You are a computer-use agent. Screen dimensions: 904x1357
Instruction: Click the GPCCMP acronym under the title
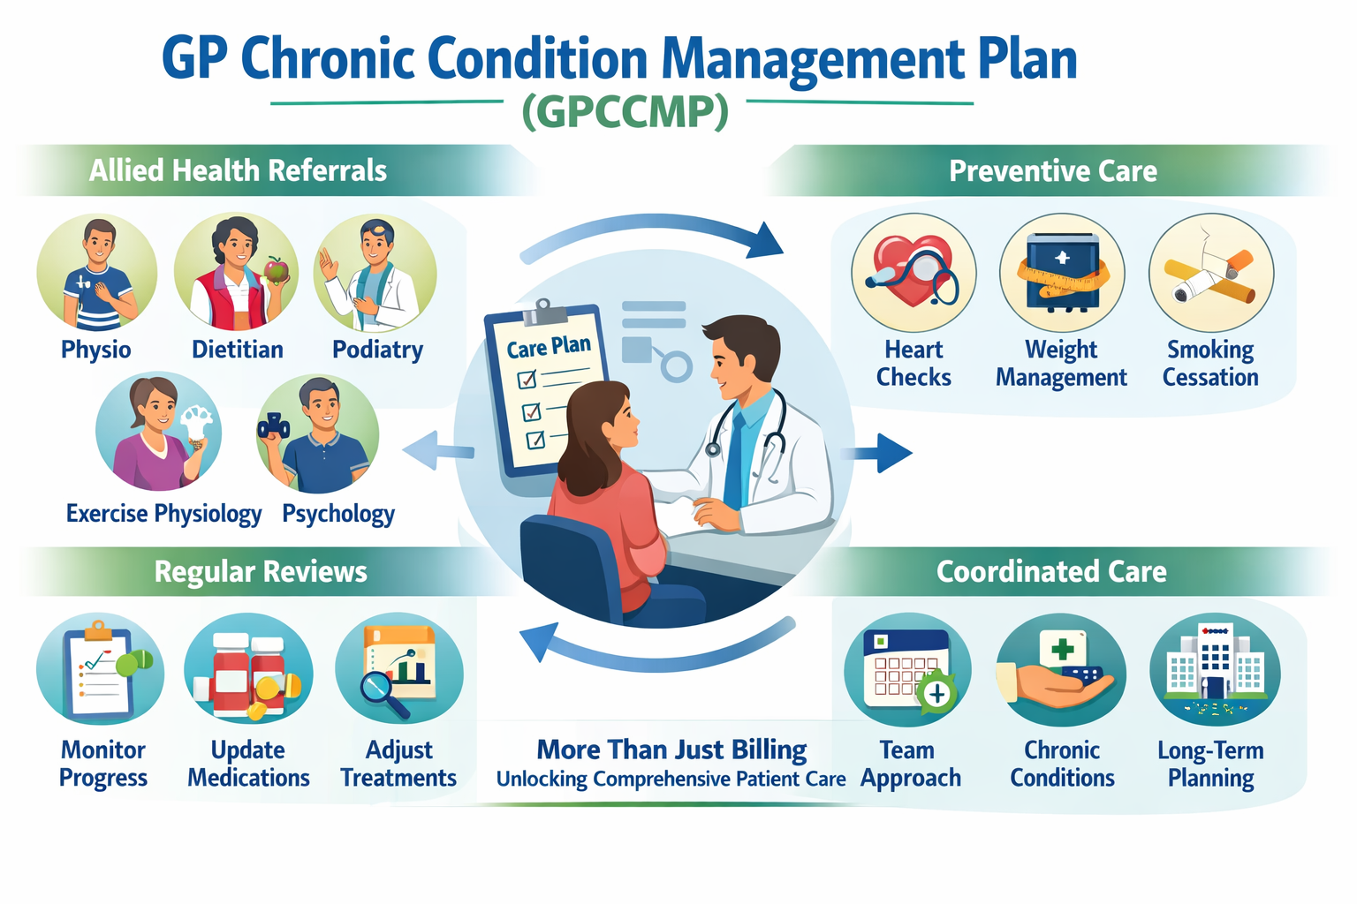click(625, 112)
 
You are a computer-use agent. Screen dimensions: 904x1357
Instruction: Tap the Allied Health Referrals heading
click(238, 170)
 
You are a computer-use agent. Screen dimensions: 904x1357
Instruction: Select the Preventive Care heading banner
click(1052, 171)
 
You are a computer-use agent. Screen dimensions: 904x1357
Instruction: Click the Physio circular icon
click(97, 274)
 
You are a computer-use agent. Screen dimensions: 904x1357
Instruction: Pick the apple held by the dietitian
click(277, 270)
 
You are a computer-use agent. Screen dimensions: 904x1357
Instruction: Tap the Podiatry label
click(377, 350)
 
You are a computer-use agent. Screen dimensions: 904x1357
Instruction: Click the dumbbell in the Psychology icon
click(273, 426)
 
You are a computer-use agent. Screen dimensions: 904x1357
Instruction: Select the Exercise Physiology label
click(163, 514)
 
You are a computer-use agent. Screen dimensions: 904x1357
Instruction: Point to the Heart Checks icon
click(914, 273)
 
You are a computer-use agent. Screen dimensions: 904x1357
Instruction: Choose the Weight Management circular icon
click(1062, 273)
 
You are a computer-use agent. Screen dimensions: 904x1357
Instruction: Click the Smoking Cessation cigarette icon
click(1210, 273)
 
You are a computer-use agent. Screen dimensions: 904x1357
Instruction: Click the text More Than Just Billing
click(671, 750)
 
